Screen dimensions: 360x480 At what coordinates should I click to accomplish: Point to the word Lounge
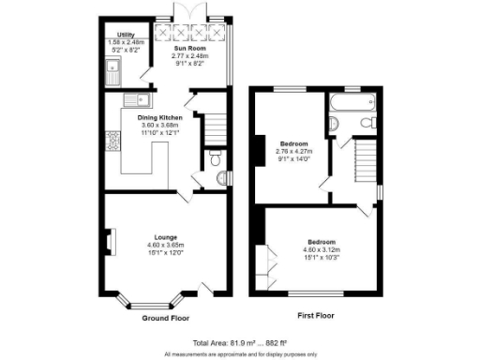pos(160,237)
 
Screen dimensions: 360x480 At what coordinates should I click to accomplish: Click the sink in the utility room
pos(112,67)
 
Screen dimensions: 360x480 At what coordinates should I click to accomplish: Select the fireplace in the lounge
pos(109,243)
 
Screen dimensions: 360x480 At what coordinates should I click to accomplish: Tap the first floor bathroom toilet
pos(368,123)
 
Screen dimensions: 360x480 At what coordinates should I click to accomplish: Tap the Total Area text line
pos(239,343)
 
